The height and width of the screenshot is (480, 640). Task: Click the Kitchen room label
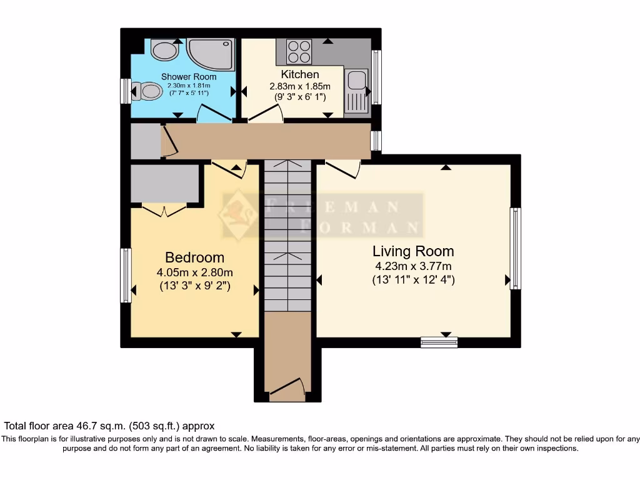[300, 74]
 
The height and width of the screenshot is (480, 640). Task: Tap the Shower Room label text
[189, 77]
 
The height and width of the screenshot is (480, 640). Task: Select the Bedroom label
[195, 257]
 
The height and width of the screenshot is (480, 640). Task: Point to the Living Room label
[413, 251]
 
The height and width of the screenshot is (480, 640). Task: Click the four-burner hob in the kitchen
[299, 51]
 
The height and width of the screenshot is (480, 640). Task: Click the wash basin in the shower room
[165, 49]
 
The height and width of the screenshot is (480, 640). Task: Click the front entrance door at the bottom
[287, 388]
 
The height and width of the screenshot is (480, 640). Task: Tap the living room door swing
[343, 169]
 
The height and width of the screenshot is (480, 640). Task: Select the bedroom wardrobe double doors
[164, 211]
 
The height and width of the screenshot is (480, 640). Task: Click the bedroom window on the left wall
[126, 275]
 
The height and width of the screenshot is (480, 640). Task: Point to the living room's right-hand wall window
[516, 248]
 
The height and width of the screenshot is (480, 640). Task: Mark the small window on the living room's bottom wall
[439, 342]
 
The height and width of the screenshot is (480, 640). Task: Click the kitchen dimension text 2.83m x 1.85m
[300, 86]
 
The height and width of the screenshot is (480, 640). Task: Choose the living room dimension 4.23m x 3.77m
[414, 266]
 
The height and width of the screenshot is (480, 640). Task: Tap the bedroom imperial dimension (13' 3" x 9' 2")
[195, 286]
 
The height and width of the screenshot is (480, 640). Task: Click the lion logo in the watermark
[238, 215]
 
